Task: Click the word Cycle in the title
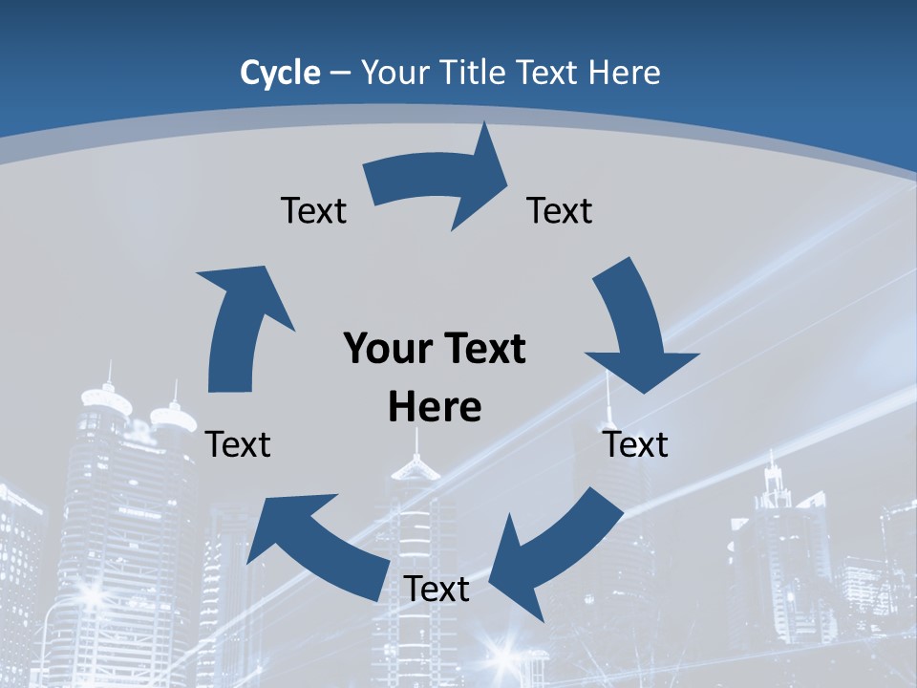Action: (x=280, y=73)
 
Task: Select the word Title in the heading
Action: (x=470, y=73)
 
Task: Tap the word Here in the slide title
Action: (x=626, y=73)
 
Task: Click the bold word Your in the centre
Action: (x=380, y=349)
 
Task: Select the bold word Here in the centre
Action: (x=435, y=407)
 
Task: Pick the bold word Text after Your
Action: (x=480, y=349)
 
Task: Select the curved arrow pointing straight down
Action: (x=635, y=325)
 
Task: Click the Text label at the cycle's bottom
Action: (x=437, y=589)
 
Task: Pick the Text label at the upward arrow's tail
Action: (x=238, y=444)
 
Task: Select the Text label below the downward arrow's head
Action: (x=636, y=444)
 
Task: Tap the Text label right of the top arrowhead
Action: (x=560, y=210)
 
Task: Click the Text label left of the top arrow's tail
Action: (x=313, y=210)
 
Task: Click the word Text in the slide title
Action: (x=548, y=73)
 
